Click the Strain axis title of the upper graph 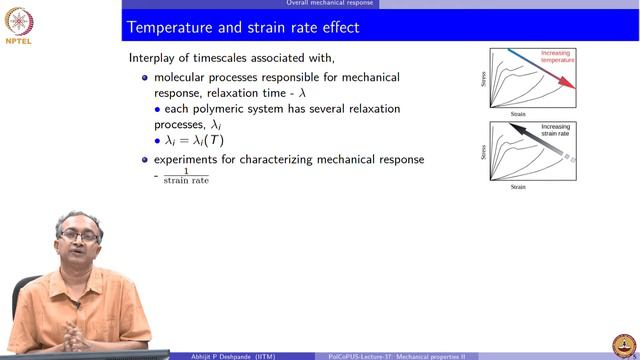pos(518,114)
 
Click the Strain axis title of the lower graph pos(518,187)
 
